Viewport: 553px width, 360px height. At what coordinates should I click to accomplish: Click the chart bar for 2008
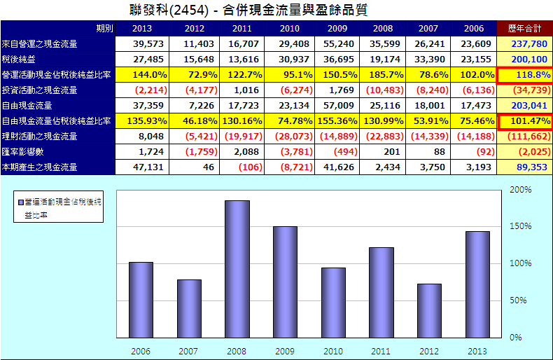pos(237,268)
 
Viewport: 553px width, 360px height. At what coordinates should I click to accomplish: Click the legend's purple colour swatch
pos(20,201)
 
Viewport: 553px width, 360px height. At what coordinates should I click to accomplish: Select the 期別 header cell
pos(104,28)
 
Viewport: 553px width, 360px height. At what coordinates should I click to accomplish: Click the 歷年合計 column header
pos(523,28)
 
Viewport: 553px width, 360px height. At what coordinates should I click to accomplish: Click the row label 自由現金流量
pos(27,105)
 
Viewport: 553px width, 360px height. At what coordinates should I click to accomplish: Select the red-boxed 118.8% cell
pos(524,74)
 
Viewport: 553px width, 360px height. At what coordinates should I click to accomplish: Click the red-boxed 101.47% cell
pos(524,120)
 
